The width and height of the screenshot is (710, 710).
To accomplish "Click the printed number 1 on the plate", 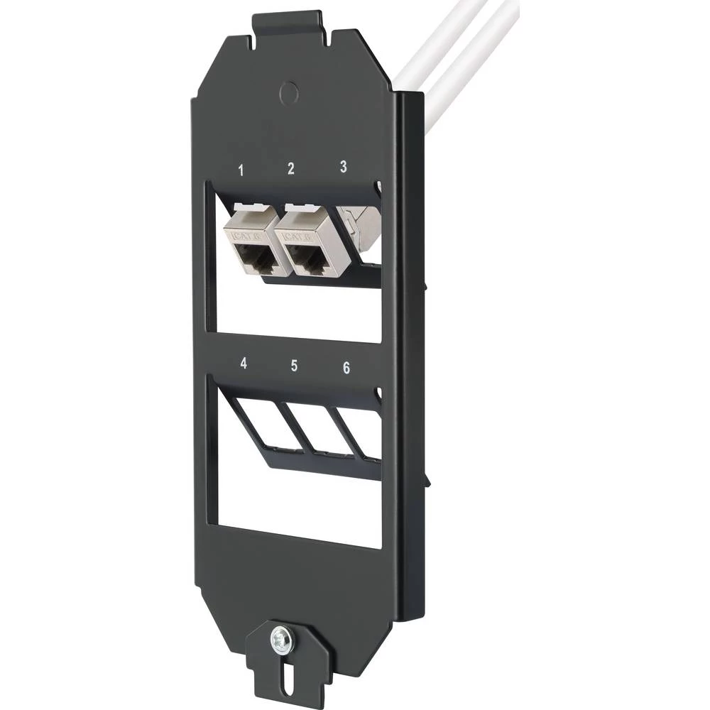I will click(241, 170).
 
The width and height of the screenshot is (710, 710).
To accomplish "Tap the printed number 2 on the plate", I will click(290, 168).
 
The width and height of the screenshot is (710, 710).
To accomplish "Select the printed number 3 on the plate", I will click(343, 167).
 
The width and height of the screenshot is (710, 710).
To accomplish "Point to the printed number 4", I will click(244, 363).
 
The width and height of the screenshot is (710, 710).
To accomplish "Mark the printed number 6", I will click(346, 367).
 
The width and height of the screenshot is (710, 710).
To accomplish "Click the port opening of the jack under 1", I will click(256, 260).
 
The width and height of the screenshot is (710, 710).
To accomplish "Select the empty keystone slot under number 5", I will click(312, 426).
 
